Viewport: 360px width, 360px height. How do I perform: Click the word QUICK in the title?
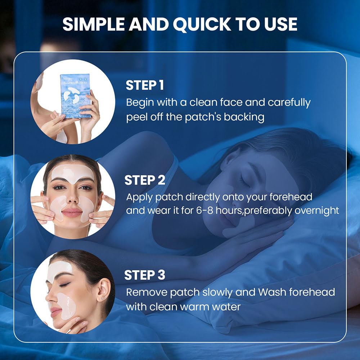pos(202,24)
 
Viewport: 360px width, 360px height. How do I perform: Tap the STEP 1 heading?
pos(145,85)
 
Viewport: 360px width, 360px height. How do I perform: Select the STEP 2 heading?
pos(145,180)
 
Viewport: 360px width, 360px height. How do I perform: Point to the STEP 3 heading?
pos(145,275)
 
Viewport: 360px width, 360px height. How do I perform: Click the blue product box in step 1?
pos(76,96)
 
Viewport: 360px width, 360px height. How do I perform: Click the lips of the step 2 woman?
pos(72,213)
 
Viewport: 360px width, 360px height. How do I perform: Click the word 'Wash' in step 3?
pos(272,292)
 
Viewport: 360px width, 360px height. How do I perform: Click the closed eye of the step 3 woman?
pos(64,285)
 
